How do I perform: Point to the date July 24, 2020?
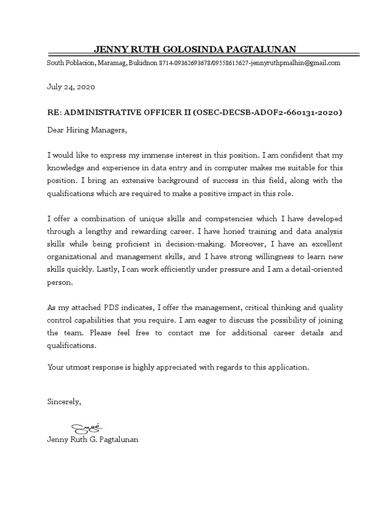coord(71,87)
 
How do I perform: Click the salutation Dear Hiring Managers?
coord(87,130)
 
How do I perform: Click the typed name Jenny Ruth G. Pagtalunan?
coord(92,439)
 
